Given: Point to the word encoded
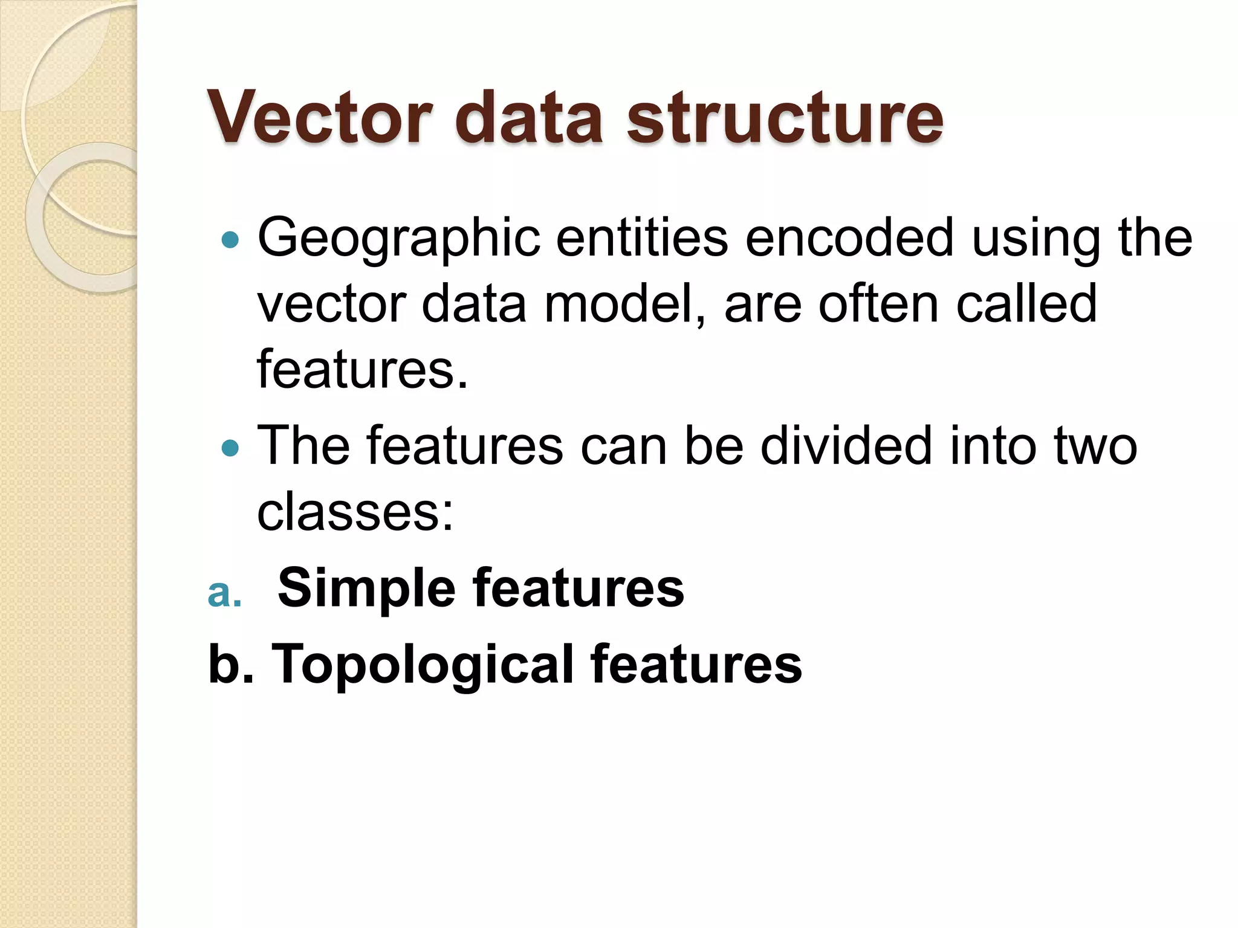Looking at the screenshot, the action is tap(849, 238).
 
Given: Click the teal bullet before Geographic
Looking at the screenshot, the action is tap(230, 240).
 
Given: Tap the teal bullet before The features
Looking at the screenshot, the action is tap(230, 448).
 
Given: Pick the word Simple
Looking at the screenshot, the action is tap(366, 589).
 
